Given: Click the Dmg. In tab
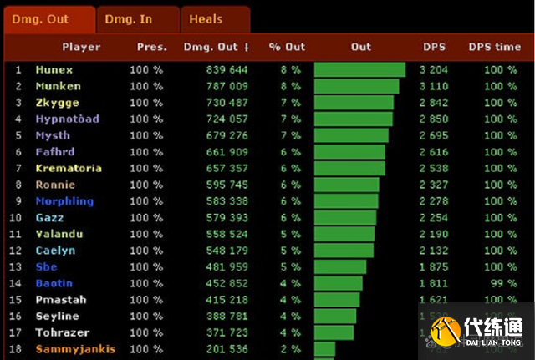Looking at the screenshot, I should [129, 18].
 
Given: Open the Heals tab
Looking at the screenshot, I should [206, 18].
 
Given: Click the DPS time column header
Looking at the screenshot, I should [494, 47].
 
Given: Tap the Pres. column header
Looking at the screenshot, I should [151, 47].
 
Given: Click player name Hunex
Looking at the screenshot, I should [54, 70].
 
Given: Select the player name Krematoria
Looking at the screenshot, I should [69, 168].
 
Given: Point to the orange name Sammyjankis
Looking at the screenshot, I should [75, 349].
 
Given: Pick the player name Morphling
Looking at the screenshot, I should [64, 201].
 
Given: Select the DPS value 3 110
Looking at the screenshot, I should [435, 86].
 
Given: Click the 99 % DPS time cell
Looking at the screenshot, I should [500, 283].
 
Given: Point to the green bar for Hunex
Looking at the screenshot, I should [359, 70].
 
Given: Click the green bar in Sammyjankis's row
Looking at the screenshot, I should [324, 349].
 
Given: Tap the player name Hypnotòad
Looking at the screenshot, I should [67, 119].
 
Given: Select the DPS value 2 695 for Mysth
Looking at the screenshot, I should [435, 135].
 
